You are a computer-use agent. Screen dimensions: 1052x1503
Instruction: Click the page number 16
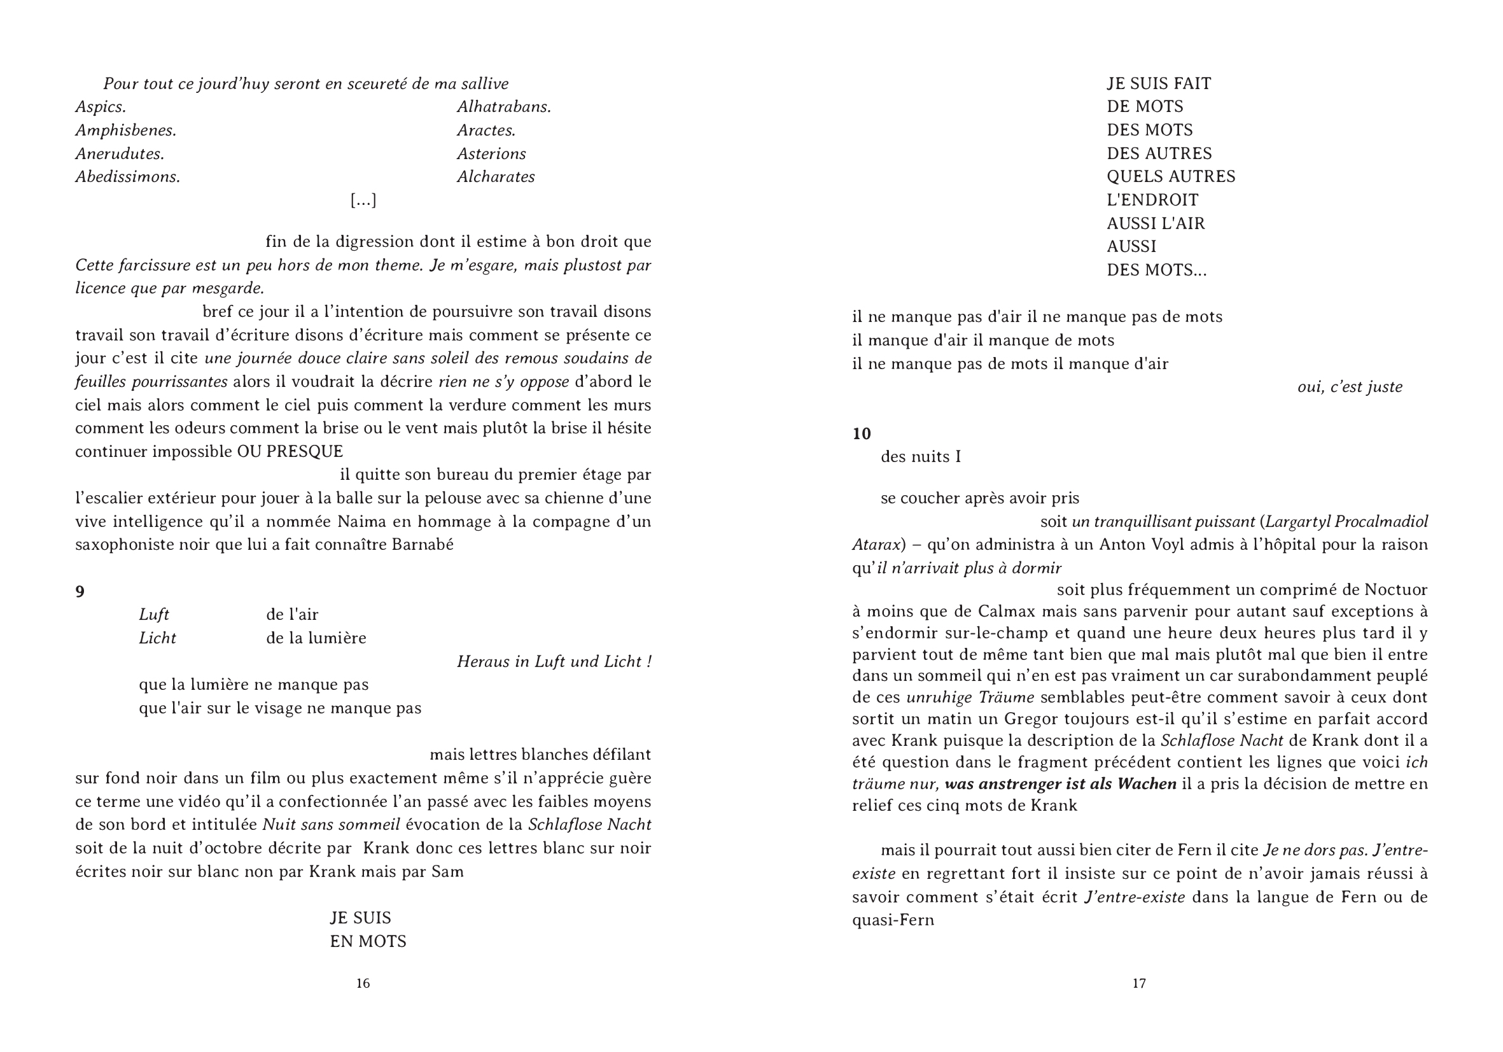click(x=363, y=983)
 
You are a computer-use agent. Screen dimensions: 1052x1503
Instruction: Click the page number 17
click(x=1139, y=983)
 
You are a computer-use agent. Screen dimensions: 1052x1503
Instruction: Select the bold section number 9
click(x=80, y=592)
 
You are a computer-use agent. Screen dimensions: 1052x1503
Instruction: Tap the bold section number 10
click(x=862, y=433)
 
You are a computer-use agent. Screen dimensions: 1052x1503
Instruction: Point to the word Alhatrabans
click(x=503, y=107)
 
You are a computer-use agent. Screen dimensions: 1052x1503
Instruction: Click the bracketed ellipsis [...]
click(x=363, y=200)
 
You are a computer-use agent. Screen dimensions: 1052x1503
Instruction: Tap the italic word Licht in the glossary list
click(x=157, y=638)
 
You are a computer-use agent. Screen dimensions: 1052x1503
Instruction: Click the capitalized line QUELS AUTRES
click(x=1170, y=177)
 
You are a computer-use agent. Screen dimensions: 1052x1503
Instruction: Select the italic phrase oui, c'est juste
click(x=1350, y=387)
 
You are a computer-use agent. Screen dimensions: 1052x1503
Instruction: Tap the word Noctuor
click(x=1395, y=590)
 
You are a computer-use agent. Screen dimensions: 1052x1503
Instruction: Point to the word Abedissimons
click(x=128, y=177)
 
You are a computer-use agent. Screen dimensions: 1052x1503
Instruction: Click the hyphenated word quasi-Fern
click(x=893, y=920)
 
